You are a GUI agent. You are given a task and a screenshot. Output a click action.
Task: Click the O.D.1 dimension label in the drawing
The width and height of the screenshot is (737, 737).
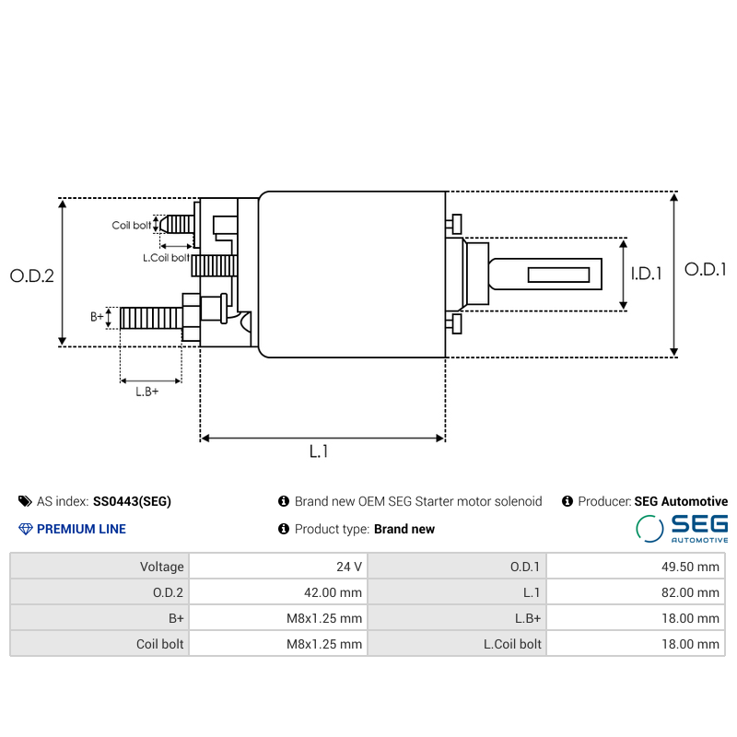pyautogui.click(x=707, y=270)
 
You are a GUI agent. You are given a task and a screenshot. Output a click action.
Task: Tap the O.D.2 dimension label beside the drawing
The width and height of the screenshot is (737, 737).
pyautogui.click(x=32, y=275)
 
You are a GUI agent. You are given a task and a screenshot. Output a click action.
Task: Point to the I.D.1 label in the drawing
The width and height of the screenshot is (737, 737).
pyautogui.click(x=647, y=274)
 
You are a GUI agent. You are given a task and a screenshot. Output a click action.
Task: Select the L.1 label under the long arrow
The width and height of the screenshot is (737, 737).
pyautogui.click(x=319, y=451)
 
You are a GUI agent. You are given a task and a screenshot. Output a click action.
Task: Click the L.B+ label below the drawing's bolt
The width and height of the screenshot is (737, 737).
pyautogui.click(x=147, y=392)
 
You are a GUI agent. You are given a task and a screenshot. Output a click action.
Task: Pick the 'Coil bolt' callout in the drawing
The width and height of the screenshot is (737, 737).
pyautogui.click(x=131, y=226)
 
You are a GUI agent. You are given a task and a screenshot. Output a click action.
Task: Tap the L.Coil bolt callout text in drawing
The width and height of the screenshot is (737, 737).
pyautogui.click(x=166, y=258)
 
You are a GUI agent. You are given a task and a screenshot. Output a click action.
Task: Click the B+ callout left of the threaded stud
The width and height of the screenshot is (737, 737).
pyautogui.click(x=97, y=317)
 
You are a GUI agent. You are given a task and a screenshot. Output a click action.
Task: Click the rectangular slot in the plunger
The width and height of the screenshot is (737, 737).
pyautogui.click(x=557, y=275)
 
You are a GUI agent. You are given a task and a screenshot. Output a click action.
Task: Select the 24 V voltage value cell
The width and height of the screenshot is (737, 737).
pyautogui.click(x=349, y=567)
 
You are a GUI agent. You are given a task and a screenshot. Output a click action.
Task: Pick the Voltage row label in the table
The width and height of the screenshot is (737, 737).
pyautogui.click(x=162, y=567)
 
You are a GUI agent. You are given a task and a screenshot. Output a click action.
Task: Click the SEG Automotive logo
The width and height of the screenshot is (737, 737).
pyautogui.click(x=682, y=529)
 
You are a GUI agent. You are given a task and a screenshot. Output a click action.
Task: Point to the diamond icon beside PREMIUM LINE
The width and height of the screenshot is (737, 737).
pyautogui.click(x=25, y=529)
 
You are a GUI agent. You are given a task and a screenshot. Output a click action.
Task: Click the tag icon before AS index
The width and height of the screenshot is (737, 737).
pyautogui.click(x=25, y=501)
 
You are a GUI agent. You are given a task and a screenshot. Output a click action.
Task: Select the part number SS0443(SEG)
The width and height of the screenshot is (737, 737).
pyautogui.click(x=132, y=502)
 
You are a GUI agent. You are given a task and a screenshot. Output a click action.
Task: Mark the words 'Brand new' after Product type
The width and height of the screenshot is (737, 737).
pyautogui.click(x=404, y=529)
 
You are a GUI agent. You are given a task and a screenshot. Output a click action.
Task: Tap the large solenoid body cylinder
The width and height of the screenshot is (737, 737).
pyautogui.click(x=352, y=275)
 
